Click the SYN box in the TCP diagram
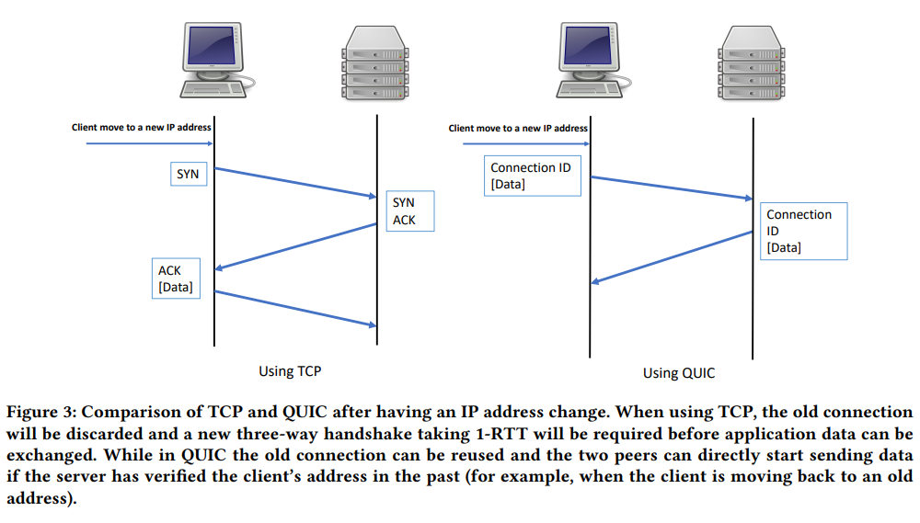click(189, 174)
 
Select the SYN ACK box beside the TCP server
click(410, 211)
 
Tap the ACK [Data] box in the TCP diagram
click(176, 279)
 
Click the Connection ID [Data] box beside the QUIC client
click(532, 176)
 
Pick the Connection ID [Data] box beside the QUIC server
click(804, 231)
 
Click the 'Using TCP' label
click(290, 371)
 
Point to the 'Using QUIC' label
click(679, 373)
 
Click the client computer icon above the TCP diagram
click(217, 60)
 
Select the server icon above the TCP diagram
click(375, 63)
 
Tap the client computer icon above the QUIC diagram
click(593, 60)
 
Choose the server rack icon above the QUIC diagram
click(752, 63)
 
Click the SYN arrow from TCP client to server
click(295, 183)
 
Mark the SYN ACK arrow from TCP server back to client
click(295, 247)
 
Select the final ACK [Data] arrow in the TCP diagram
click(295, 309)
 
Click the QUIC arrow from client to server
click(672, 188)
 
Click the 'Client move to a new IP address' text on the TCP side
click(142, 127)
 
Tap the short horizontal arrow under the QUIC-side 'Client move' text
click(526, 143)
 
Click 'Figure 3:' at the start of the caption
click(41, 412)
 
